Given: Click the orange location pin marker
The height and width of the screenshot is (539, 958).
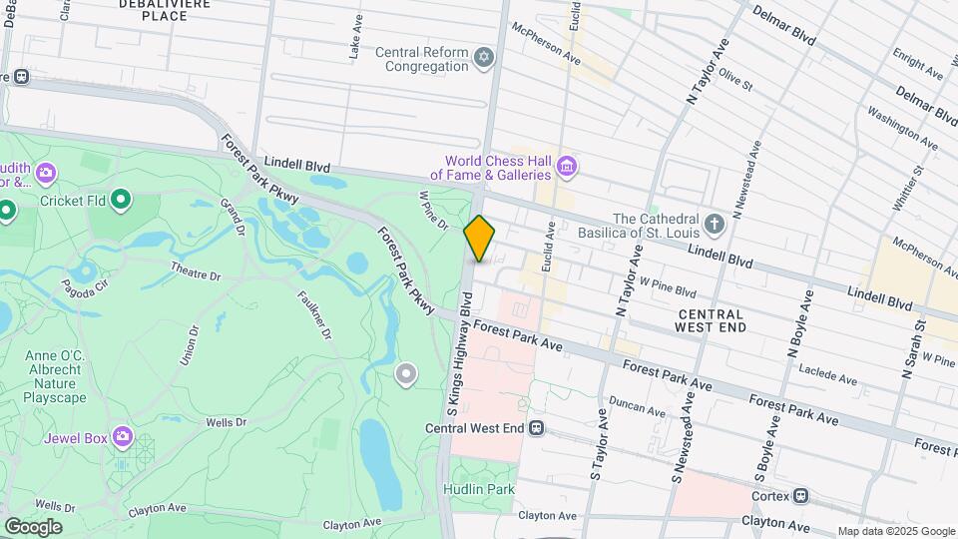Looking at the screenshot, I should tap(480, 239).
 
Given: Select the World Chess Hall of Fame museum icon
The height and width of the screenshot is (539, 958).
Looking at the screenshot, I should tap(567, 166).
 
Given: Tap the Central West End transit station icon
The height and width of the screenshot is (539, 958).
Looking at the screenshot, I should tap(537, 428).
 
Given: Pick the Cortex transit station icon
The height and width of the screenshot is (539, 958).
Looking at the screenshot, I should tap(800, 495).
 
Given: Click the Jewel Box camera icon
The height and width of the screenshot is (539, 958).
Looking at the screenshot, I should tap(122, 437).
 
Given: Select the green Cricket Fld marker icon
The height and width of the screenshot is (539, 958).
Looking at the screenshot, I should tap(122, 201).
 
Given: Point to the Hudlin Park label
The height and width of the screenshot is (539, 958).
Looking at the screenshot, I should tap(480, 489).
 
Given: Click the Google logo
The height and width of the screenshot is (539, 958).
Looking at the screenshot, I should tap(33, 526).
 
